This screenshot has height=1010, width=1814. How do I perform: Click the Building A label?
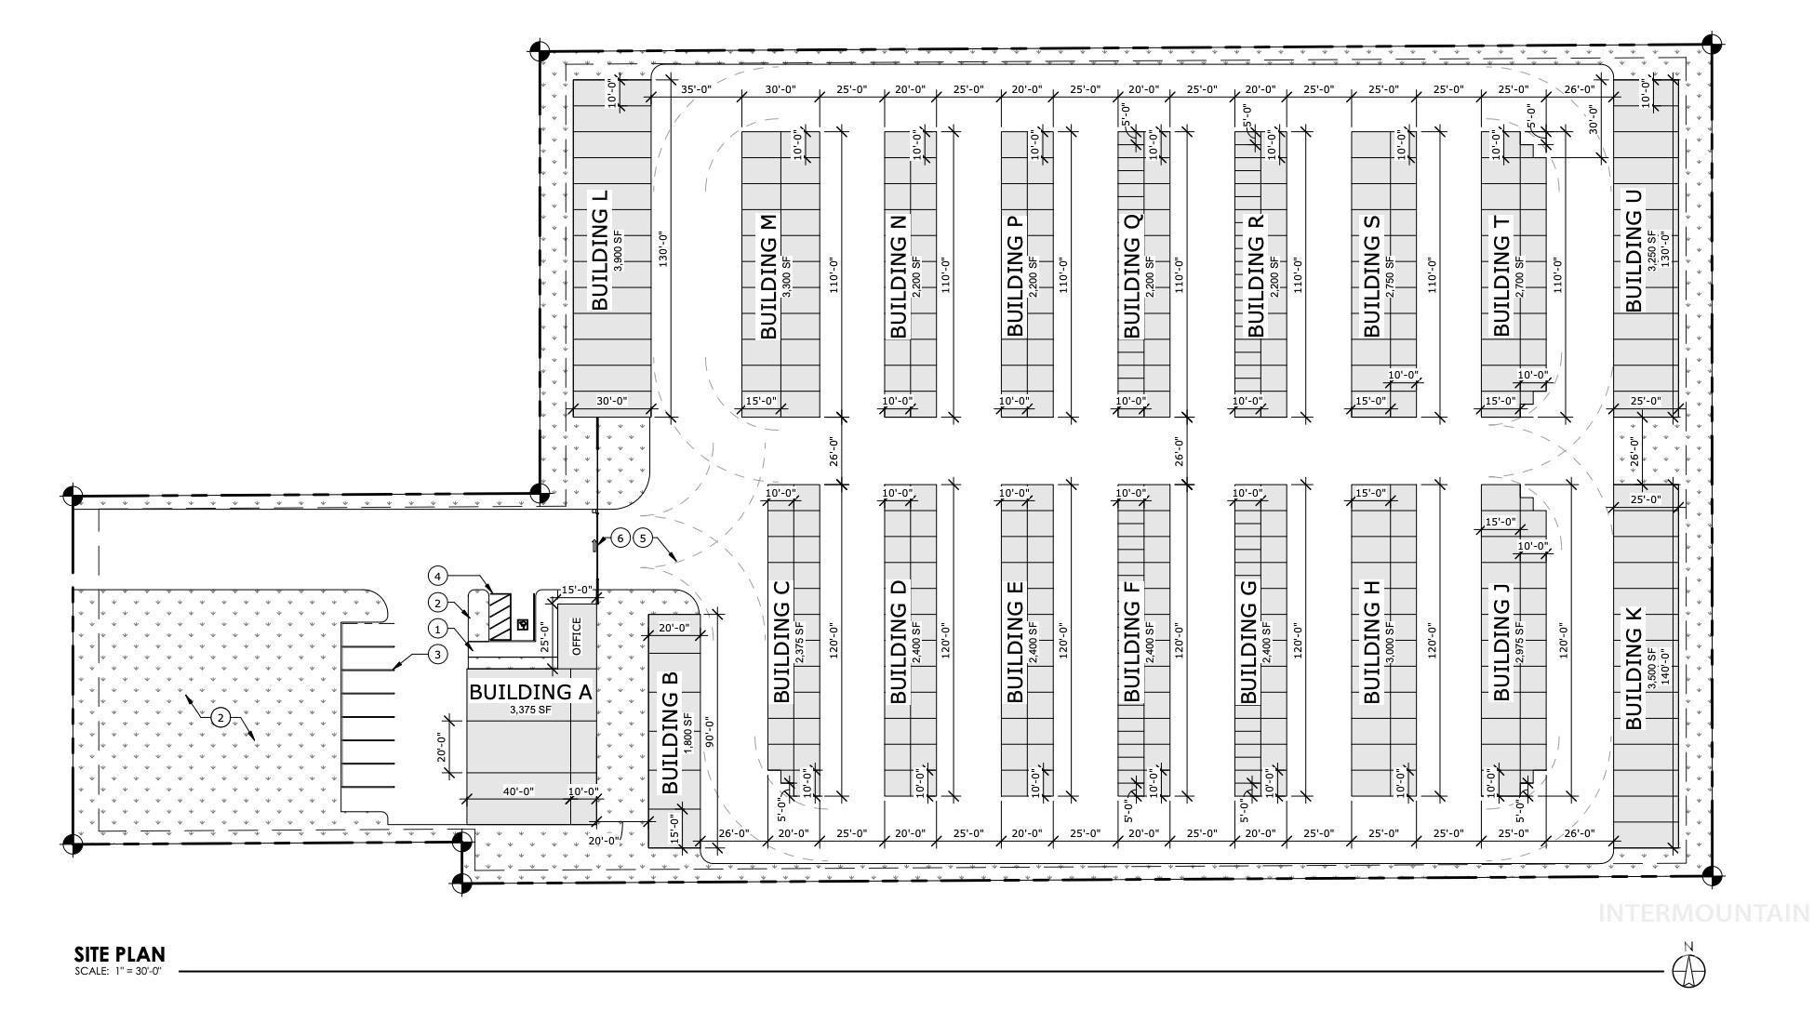530,692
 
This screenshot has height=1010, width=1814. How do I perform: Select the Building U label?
1634,250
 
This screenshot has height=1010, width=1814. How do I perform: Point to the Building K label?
1634,668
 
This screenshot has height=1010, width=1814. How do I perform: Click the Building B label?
670,733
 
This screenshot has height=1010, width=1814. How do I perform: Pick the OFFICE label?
577,636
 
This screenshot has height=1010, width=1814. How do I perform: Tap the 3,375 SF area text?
530,710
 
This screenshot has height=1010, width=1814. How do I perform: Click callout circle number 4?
438,576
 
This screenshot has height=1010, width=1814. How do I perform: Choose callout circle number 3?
438,655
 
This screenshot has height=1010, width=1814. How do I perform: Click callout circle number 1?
438,630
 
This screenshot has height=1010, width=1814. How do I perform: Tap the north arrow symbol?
1688,970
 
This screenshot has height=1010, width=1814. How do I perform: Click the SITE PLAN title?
119,954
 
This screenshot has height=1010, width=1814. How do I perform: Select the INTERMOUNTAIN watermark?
1702,913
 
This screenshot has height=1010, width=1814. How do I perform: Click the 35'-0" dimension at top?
696,90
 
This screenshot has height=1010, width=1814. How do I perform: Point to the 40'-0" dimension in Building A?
518,791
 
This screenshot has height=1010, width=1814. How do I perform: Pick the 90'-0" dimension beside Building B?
709,733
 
